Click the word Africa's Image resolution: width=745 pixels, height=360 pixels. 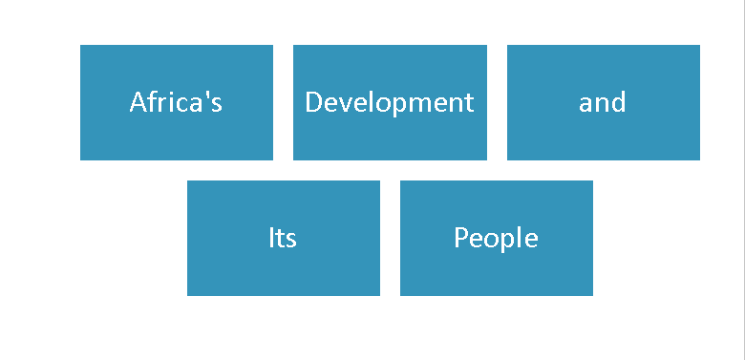[x=176, y=102]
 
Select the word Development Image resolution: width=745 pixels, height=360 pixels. [x=389, y=102]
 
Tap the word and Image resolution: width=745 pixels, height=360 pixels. [x=603, y=102]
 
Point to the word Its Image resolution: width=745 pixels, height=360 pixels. [x=283, y=238]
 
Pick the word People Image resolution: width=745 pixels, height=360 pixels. [x=496, y=238]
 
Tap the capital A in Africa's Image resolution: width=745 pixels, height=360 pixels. [x=138, y=102]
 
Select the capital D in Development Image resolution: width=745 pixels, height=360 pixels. [x=313, y=102]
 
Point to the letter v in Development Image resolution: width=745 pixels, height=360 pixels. [x=340, y=104]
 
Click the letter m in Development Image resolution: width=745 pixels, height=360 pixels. [x=417, y=104]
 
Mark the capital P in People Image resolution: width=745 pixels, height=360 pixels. [x=461, y=238]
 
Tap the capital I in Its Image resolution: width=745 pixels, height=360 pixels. [x=270, y=238]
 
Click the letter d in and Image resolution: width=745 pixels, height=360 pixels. [x=619, y=102]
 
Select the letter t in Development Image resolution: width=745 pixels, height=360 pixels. [x=469, y=103]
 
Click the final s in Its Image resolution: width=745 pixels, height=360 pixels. [x=291, y=240]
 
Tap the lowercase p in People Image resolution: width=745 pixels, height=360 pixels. [x=504, y=241]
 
